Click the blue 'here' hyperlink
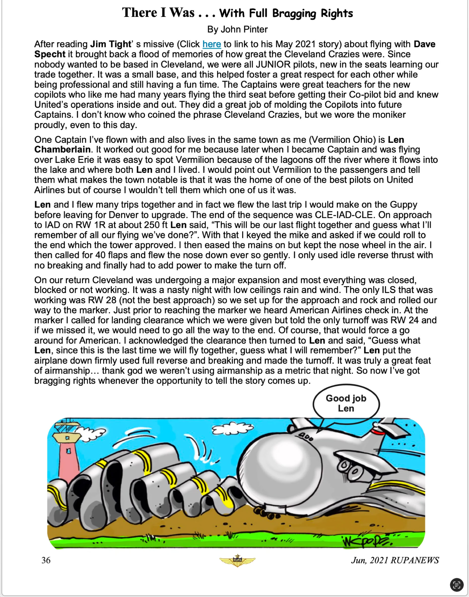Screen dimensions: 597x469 tap(211, 44)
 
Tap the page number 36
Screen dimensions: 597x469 tap(46, 560)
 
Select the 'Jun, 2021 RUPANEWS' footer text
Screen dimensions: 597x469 tap(395, 560)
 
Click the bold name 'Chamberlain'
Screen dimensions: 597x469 tap(62, 149)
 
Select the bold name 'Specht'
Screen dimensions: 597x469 tap(50, 54)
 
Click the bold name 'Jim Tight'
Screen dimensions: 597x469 tap(111, 44)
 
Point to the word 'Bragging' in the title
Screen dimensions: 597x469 tap(294, 13)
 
